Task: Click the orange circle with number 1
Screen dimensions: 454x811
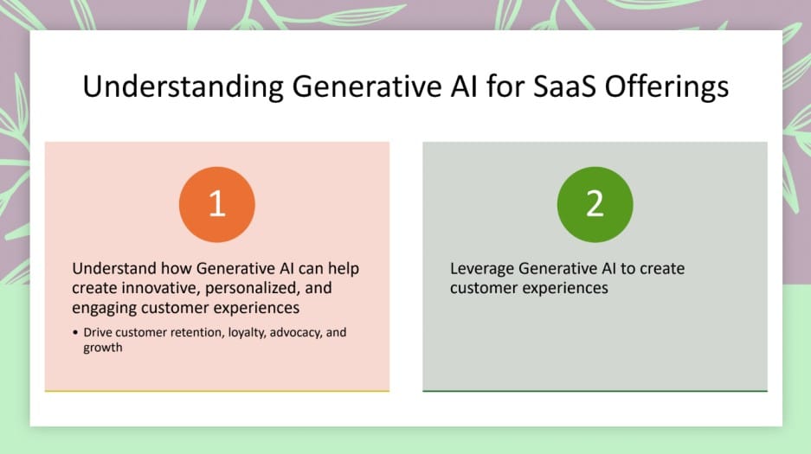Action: pos(216,204)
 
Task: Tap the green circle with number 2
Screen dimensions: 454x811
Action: pos(595,204)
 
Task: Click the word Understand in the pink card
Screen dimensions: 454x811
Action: pos(113,269)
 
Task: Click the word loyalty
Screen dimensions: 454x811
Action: pos(245,333)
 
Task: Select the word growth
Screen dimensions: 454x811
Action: pos(103,348)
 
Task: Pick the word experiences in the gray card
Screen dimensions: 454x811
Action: pos(566,288)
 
